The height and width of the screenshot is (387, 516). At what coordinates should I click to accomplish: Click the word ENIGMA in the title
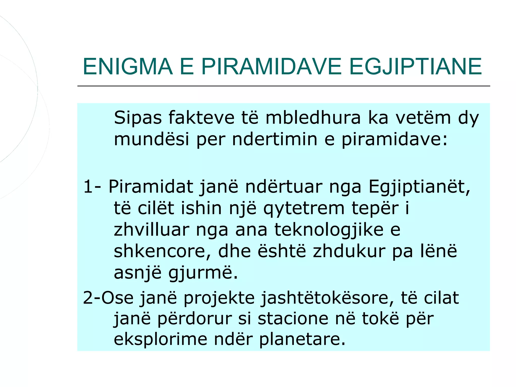[128, 67]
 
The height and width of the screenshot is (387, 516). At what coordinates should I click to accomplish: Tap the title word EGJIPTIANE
[415, 67]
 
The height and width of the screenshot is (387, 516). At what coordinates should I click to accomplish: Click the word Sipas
[138, 118]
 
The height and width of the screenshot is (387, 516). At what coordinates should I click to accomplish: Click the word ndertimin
[274, 139]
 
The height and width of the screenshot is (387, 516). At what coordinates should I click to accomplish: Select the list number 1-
[92, 187]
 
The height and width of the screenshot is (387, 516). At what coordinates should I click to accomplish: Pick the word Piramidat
[151, 187]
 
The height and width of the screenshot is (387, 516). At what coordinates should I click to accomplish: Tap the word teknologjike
[329, 230]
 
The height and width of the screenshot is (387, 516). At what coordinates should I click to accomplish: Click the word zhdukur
[349, 251]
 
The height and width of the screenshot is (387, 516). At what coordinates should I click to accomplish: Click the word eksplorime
[160, 339]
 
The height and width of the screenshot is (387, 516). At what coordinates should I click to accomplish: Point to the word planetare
[302, 339]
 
